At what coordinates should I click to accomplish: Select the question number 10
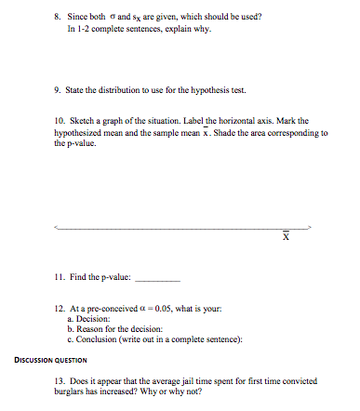click(60, 121)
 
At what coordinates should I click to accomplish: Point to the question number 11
click(60, 276)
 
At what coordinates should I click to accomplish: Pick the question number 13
click(60, 382)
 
